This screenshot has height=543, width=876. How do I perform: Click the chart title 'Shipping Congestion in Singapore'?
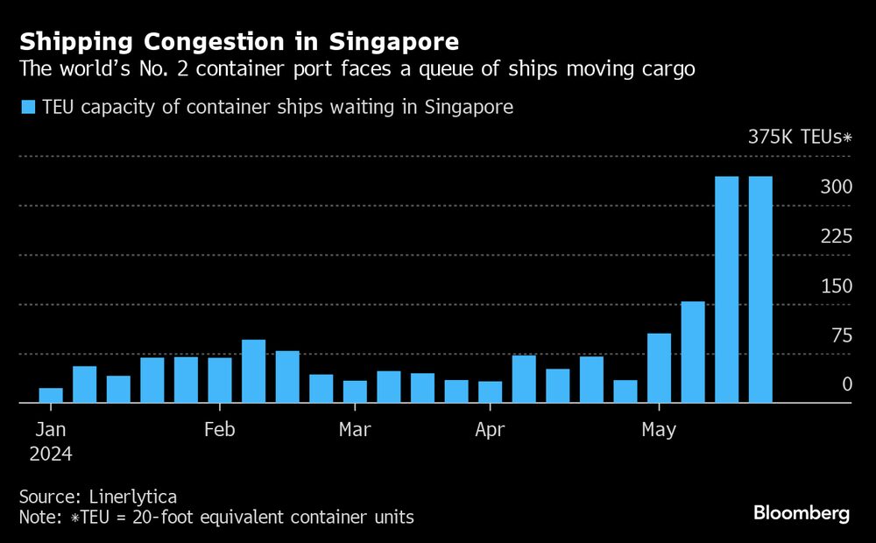coord(239,41)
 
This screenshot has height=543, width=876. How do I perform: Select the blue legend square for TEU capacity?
coord(28,108)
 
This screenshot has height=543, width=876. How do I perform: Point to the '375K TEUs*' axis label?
coord(800,137)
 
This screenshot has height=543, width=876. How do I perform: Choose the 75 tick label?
coord(839,335)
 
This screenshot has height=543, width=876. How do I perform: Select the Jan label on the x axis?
coord(51,430)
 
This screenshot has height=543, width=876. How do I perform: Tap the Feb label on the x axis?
coord(219,430)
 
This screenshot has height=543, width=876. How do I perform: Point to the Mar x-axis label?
coord(355,430)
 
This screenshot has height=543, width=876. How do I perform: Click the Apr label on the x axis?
coord(491,430)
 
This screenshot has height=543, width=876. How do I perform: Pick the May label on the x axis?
coord(659,430)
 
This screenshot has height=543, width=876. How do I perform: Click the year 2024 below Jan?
coord(51,454)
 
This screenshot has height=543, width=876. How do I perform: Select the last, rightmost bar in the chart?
coord(760,289)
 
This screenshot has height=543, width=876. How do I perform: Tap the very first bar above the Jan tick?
coord(51,395)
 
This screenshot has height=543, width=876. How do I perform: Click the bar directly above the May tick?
coord(659,368)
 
